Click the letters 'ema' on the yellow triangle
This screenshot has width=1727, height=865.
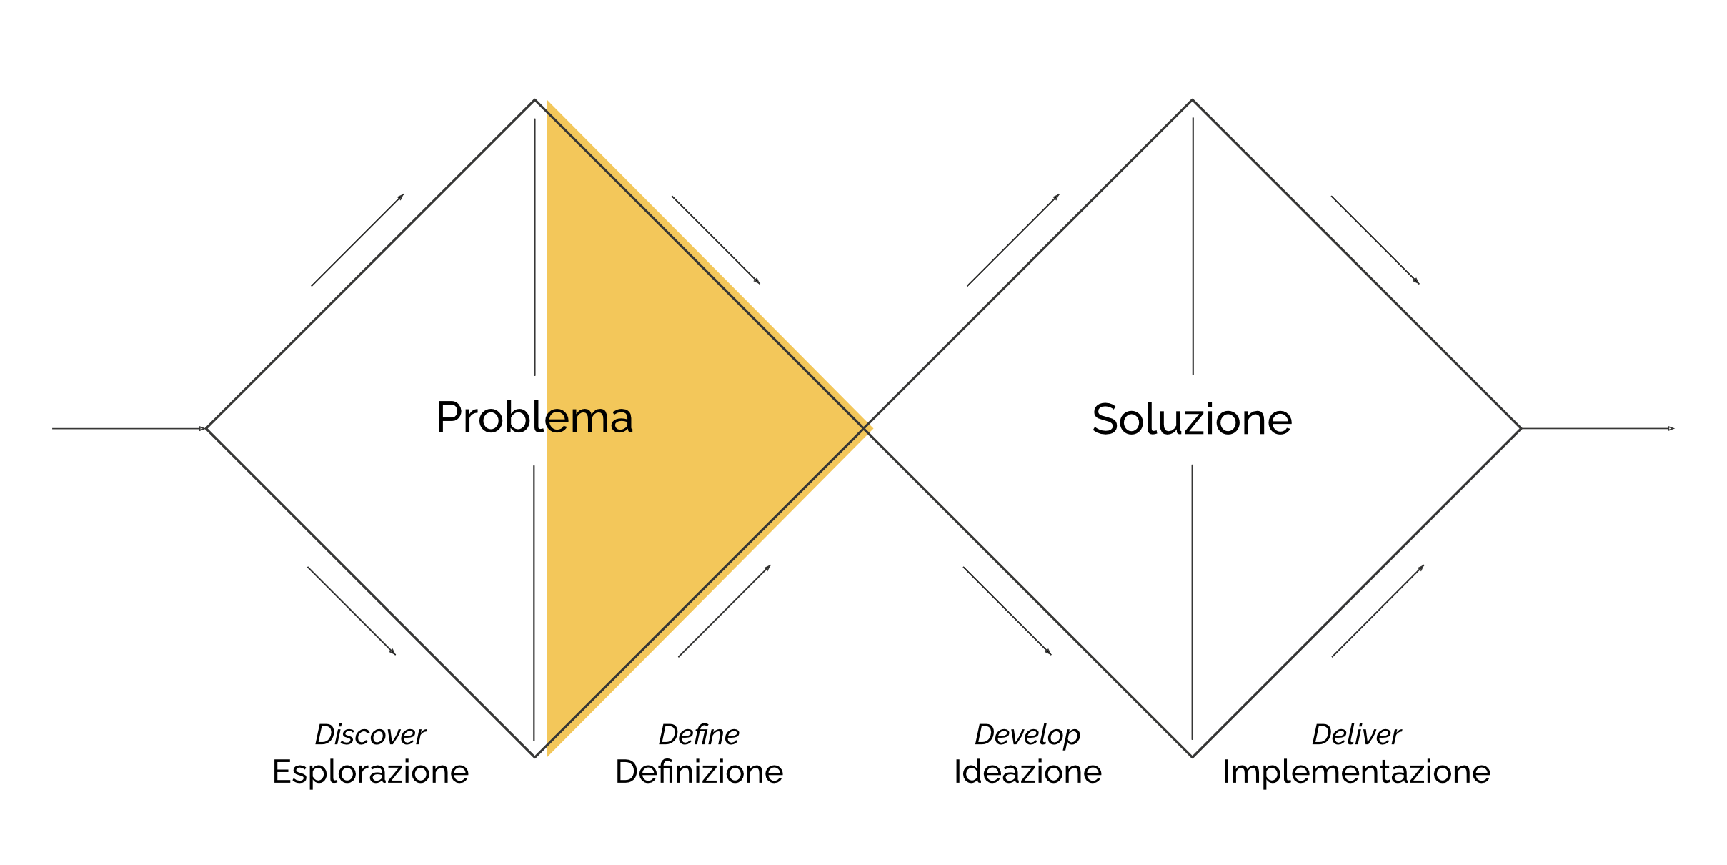point(589,419)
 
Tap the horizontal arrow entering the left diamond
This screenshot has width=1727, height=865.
point(129,429)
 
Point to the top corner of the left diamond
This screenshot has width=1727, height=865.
point(534,100)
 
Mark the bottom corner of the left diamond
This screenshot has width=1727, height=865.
point(534,757)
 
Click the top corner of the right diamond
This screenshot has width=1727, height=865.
point(1192,100)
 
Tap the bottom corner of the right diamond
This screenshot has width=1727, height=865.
point(1192,757)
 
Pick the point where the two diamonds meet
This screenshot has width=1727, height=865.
point(867,428)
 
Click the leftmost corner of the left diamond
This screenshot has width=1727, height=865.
point(207,429)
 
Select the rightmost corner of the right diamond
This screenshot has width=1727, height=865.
point(1521,429)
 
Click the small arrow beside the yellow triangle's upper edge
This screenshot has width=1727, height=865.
point(715,239)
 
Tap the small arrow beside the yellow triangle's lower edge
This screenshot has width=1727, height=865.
point(724,611)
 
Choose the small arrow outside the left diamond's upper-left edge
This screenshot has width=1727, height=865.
point(357,240)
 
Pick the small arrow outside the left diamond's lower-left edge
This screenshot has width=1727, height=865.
point(351,611)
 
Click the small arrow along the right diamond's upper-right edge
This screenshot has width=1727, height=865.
point(1375,239)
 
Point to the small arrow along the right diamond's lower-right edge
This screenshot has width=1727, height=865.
point(1378,611)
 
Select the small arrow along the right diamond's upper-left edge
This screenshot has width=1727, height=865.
point(1012,240)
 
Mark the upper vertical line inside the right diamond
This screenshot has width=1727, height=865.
point(1193,247)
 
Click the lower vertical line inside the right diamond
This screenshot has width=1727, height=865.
point(1192,600)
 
